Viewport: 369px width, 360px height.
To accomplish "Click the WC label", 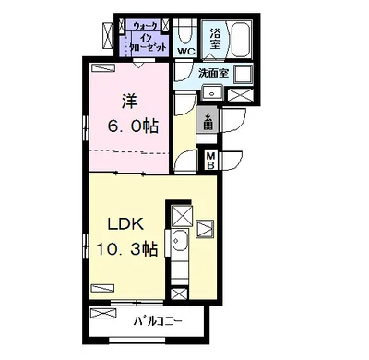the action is (x=186, y=51).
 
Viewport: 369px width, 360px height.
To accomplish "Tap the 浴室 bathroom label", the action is (x=215, y=39).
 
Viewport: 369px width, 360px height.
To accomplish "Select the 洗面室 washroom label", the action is (x=213, y=73).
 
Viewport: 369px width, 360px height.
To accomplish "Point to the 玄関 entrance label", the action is (x=208, y=121).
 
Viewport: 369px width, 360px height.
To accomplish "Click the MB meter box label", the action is (x=210, y=161).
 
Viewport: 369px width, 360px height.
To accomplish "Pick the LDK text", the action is (x=125, y=224).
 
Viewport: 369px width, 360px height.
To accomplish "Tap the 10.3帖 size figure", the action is (x=127, y=249).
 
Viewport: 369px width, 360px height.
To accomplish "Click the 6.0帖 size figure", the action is (x=133, y=126).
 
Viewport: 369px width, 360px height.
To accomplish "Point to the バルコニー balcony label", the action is (x=158, y=322).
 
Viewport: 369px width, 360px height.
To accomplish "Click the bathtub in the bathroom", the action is (x=241, y=39).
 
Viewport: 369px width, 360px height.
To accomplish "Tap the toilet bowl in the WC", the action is (x=184, y=31).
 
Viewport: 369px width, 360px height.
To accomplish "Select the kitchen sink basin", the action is (x=180, y=240).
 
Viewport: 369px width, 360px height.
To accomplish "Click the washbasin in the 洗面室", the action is (x=212, y=92).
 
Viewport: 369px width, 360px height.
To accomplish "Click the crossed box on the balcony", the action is (x=103, y=314).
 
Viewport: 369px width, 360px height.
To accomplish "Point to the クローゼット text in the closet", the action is (x=149, y=47).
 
